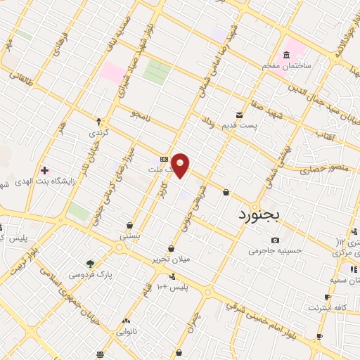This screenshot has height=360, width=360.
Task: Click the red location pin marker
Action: (181, 165)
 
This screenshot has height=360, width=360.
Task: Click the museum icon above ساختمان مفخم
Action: (286, 55)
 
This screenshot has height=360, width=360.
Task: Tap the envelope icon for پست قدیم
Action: (240, 115)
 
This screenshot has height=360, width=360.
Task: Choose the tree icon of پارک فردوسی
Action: (90, 263)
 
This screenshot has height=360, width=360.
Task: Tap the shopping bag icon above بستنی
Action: (130, 226)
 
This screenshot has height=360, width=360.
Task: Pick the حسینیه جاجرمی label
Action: (275, 250)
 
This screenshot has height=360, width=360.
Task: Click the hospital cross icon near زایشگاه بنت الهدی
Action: (44, 170)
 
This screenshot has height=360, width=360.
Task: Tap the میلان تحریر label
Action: (172, 259)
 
